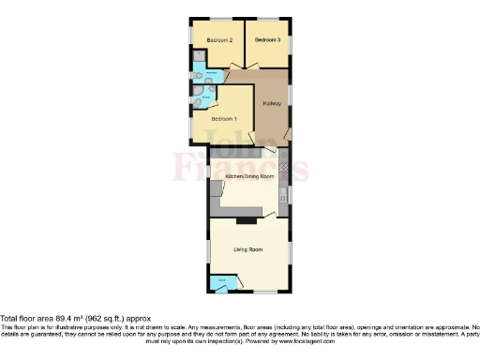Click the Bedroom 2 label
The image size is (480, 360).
[218, 40]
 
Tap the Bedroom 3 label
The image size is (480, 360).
[267, 40]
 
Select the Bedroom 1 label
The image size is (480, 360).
[223, 119]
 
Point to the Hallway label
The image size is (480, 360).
[273, 103]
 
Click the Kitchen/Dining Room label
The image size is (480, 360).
[249, 176]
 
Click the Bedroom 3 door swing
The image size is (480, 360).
[253, 63]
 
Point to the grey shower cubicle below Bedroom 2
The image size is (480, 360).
[197, 58]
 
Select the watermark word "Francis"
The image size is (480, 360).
[240, 169]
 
